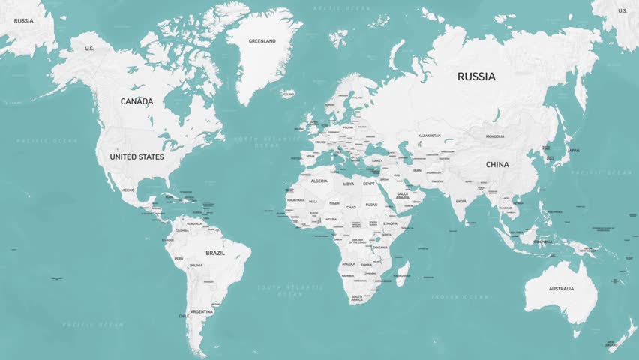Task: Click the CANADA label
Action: coord(136,101)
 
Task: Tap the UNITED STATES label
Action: coord(136,157)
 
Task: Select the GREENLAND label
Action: coord(262,41)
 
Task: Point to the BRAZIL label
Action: coord(215,253)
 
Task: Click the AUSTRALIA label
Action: coord(561,289)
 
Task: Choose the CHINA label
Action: coord(496,165)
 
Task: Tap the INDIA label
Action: coord(460,201)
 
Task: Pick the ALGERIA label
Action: coord(319,181)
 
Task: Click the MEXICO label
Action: coord(128,190)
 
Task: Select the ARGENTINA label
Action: coord(202,311)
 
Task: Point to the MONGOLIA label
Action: coord(495,136)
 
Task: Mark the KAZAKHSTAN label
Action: coord(430,136)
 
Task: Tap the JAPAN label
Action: coord(574,151)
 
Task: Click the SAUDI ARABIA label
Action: coord(403,196)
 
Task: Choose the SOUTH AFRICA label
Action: coord(357,298)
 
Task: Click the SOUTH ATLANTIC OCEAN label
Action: coord(290,291)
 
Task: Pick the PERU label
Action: coord(178,259)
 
